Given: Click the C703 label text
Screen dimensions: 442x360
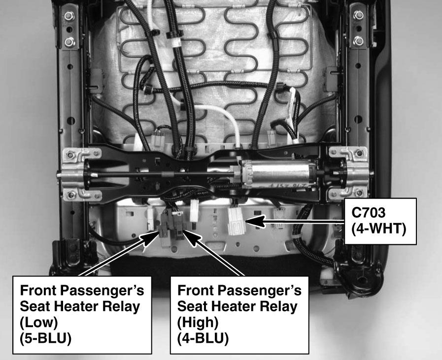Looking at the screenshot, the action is click(x=368, y=213).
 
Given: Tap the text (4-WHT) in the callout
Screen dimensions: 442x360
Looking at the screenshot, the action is click(x=378, y=229).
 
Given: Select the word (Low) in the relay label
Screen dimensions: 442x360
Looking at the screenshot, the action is click(x=38, y=322).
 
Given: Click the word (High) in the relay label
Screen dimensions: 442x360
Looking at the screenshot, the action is click(x=198, y=322).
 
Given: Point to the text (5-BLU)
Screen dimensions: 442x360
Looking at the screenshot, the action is click(x=45, y=338).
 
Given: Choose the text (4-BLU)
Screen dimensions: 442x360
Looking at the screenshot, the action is click(x=203, y=338).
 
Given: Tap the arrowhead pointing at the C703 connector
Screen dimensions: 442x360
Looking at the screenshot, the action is click(x=255, y=221).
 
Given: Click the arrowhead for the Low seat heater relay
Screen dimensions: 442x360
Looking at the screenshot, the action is click(x=151, y=238).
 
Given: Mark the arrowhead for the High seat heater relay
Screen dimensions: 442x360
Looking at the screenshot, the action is click(x=191, y=238).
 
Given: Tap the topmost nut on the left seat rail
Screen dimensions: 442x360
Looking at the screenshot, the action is click(x=69, y=16).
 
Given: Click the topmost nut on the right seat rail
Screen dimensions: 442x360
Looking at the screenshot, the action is click(x=358, y=15).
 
